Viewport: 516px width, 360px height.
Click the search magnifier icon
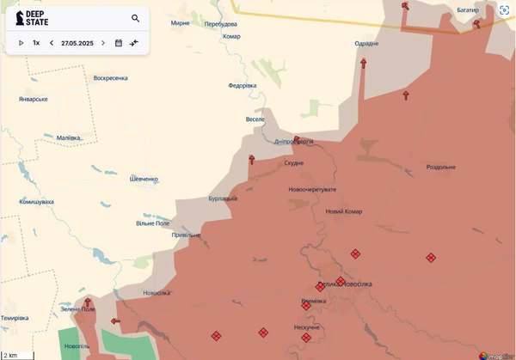click(x=136, y=18)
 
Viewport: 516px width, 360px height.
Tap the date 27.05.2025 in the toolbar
click(x=77, y=42)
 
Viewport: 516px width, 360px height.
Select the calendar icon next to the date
click(x=119, y=42)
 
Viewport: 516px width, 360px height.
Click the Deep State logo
click(x=28, y=19)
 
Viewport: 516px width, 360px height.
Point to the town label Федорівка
click(x=242, y=86)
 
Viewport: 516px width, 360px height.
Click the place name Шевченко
click(x=143, y=179)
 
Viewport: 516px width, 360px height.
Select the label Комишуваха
click(x=36, y=202)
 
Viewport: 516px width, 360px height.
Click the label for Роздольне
click(x=440, y=167)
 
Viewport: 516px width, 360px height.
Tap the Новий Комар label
click(x=344, y=211)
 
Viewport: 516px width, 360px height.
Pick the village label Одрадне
click(x=366, y=44)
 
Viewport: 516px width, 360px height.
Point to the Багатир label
click(x=468, y=10)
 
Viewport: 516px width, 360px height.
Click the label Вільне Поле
click(x=153, y=223)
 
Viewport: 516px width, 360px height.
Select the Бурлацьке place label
click(x=223, y=198)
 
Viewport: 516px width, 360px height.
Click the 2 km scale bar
click(x=17, y=354)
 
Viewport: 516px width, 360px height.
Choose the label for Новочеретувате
click(x=313, y=189)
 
